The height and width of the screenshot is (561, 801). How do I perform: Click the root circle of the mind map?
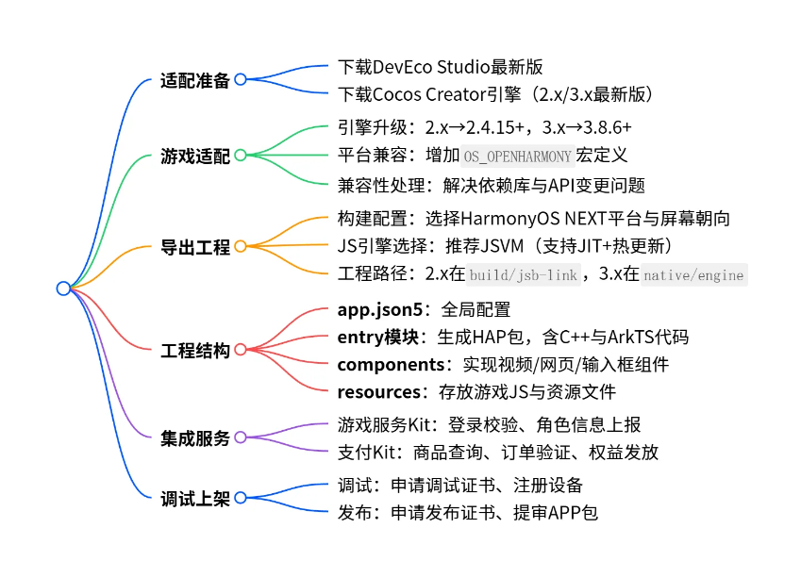pyautogui.click(x=63, y=289)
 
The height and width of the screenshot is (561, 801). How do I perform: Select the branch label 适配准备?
pyautogui.click(x=194, y=80)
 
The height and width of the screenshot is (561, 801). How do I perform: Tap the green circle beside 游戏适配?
pyautogui.click(x=240, y=156)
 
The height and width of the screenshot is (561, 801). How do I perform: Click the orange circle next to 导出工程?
pyautogui.click(x=240, y=247)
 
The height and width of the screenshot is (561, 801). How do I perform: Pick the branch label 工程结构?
pyautogui.click(x=194, y=351)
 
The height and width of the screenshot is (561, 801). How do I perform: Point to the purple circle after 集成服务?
pyautogui.click(x=240, y=437)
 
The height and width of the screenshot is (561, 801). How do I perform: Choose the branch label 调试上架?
pyautogui.click(x=194, y=499)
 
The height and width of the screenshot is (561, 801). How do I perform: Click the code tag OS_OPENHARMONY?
pyautogui.click(x=517, y=157)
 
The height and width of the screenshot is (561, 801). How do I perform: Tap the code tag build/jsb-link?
pyautogui.click(x=524, y=275)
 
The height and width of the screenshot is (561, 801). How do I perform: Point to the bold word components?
pyautogui.click(x=391, y=364)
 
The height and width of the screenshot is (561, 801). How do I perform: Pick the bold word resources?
pyautogui.click(x=378, y=391)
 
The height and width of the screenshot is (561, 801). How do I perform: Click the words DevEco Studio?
pyautogui.click(x=438, y=67)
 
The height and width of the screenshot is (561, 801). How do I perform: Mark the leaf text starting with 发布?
pyautogui.click(x=467, y=513)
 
